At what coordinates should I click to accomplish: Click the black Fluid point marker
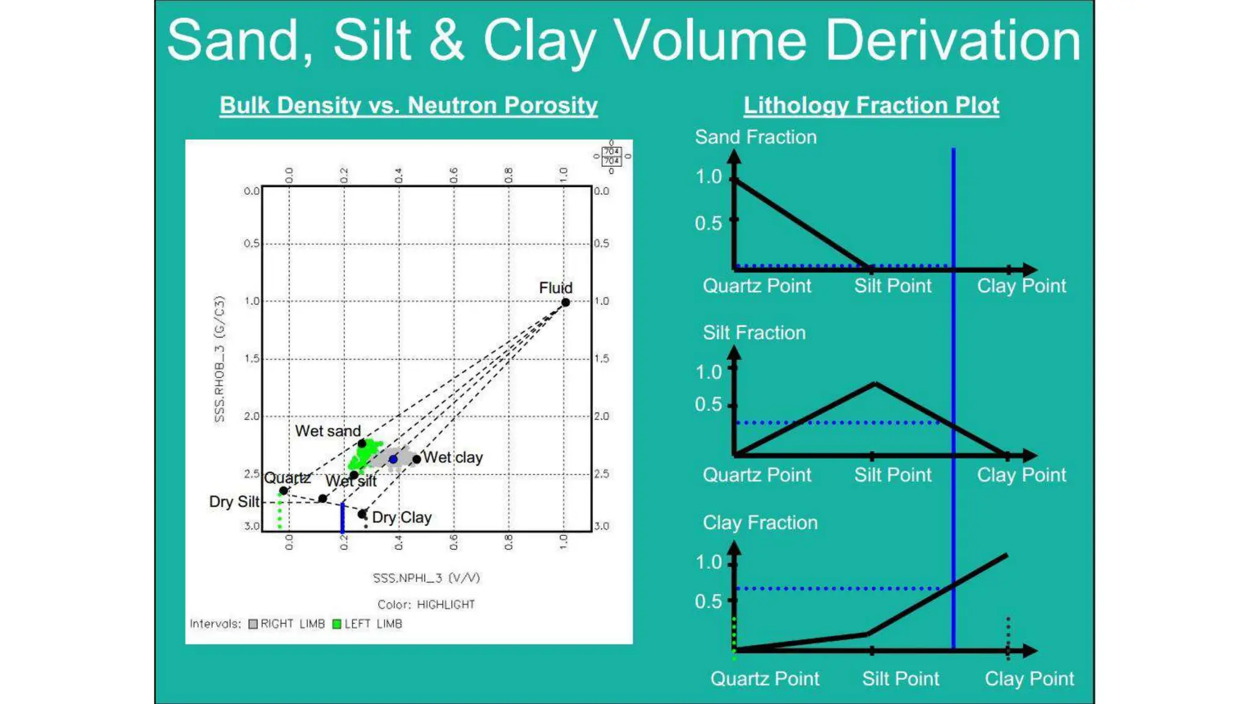pyautogui.click(x=566, y=302)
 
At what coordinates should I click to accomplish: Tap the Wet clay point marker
pyautogui.click(x=417, y=459)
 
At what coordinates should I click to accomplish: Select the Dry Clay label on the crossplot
pyautogui.click(x=401, y=518)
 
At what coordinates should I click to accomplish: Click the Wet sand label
pyautogui.click(x=327, y=431)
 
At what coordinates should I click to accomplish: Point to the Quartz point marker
pyautogui.click(x=283, y=491)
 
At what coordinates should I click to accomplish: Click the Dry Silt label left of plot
pyautogui.click(x=234, y=502)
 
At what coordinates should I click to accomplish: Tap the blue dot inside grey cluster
pyautogui.click(x=393, y=459)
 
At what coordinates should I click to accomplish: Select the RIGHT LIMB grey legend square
pyautogui.click(x=253, y=624)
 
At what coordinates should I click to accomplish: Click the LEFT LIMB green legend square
pyautogui.click(x=337, y=624)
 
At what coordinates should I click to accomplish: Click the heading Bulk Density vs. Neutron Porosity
pyautogui.click(x=408, y=105)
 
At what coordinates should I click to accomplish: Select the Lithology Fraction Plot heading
pyautogui.click(x=871, y=105)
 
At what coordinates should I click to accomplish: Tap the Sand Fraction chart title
pyautogui.click(x=756, y=137)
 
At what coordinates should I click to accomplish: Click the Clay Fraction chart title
pyautogui.click(x=760, y=522)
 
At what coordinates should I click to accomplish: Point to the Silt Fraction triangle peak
pyautogui.click(x=875, y=384)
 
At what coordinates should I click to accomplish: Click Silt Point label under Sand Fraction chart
pyautogui.click(x=892, y=285)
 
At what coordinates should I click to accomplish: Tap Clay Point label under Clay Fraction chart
pyautogui.click(x=1029, y=678)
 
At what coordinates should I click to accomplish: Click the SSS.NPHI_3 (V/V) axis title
pyautogui.click(x=426, y=577)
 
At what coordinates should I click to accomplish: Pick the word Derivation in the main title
pyautogui.click(x=953, y=40)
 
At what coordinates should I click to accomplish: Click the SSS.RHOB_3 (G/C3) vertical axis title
pyautogui.click(x=219, y=359)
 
